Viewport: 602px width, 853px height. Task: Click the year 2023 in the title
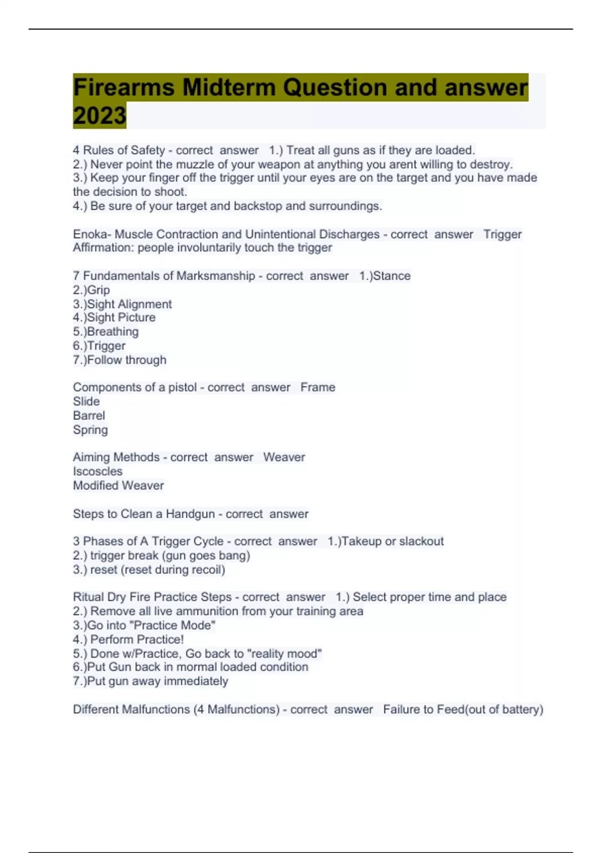(x=99, y=116)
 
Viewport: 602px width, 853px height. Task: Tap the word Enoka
(x=92, y=234)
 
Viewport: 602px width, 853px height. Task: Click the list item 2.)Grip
(x=91, y=290)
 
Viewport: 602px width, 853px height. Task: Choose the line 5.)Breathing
(x=106, y=332)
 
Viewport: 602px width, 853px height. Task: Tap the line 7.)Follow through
(x=119, y=360)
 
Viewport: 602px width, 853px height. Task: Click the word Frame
(x=318, y=387)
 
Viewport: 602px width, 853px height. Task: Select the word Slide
(x=86, y=401)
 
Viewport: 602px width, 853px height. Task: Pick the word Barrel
(x=89, y=415)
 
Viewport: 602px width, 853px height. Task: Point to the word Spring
(x=90, y=430)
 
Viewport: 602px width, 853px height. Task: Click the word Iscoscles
(x=98, y=471)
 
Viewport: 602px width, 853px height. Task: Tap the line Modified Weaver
(x=118, y=485)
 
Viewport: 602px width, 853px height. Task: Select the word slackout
(x=421, y=541)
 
